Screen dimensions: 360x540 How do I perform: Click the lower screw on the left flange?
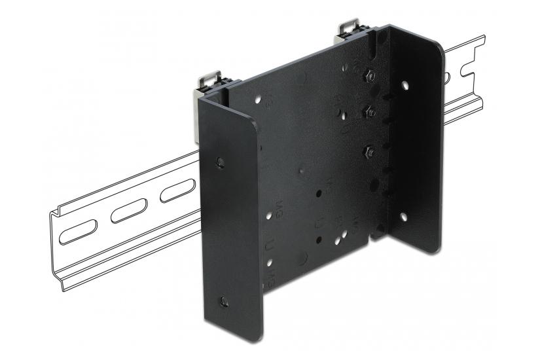coord(224,300)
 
